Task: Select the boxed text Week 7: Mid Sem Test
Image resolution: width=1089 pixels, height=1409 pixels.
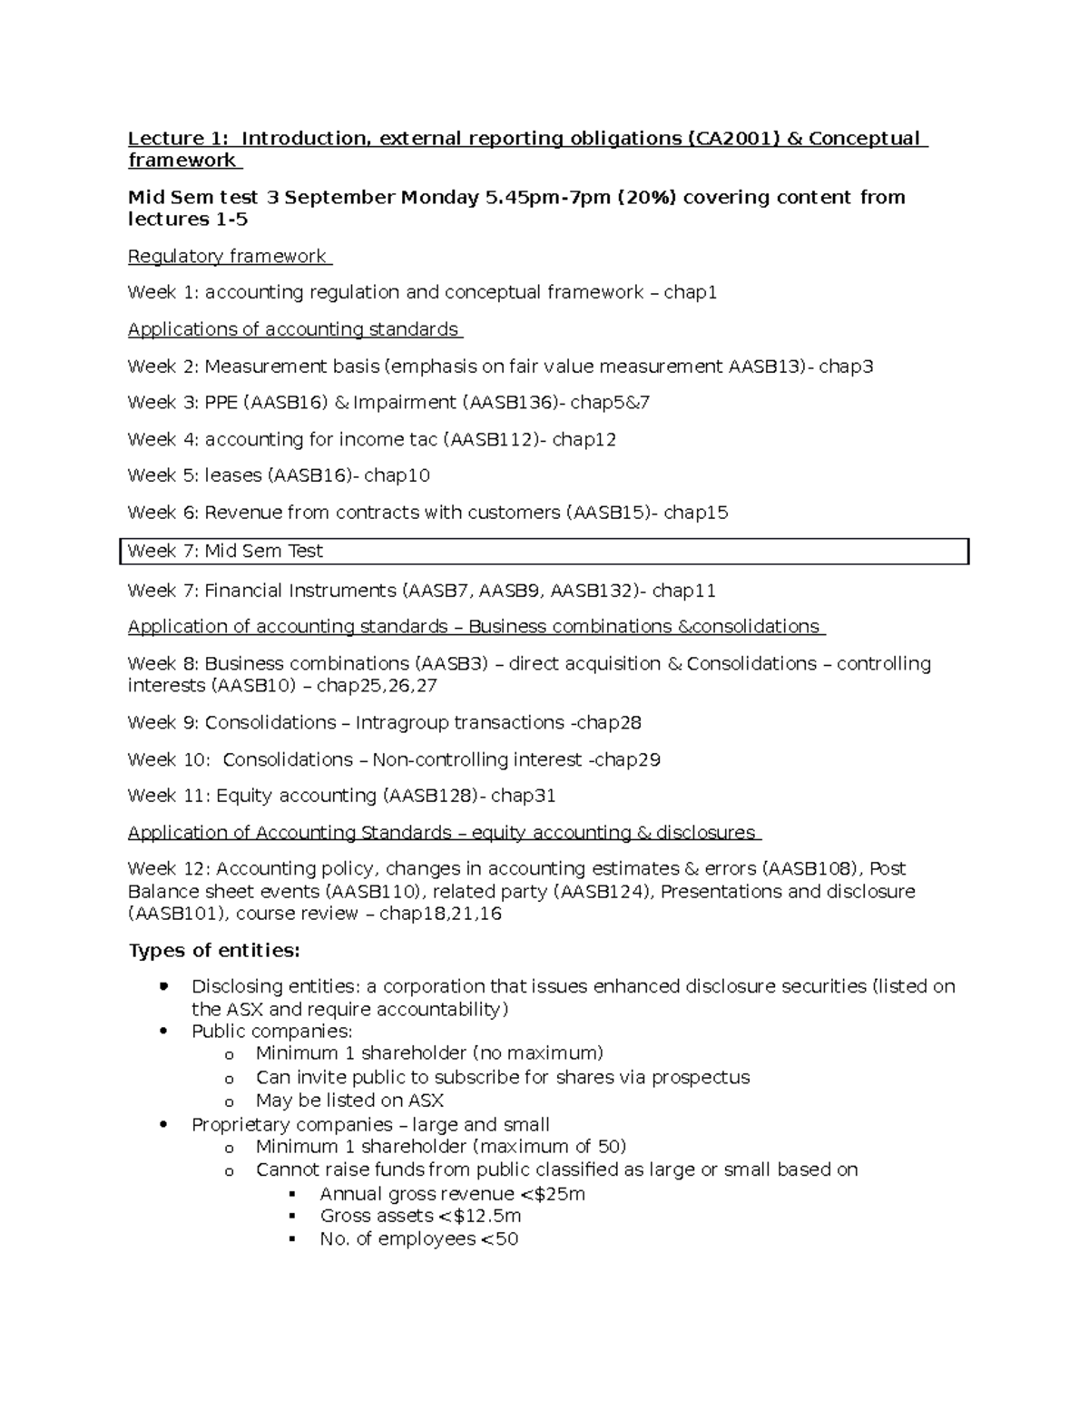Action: pos(225,552)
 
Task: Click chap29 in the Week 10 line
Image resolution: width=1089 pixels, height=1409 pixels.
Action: pos(626,760)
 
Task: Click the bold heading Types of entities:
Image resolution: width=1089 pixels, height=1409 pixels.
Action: pos(213,951)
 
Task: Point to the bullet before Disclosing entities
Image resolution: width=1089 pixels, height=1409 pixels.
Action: pos(163,986)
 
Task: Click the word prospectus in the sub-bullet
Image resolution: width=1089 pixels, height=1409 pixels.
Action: pos(701,1078)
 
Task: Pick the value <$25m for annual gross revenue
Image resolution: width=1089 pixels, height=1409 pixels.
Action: pos(553,1194)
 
